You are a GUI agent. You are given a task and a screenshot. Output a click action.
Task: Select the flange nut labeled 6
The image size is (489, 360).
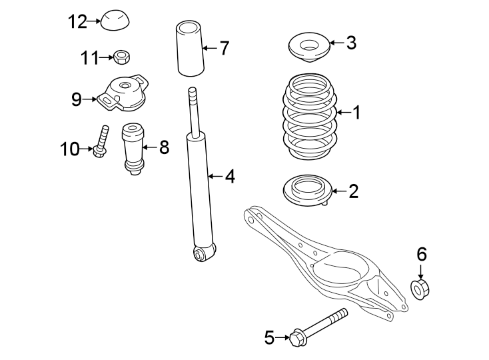(420, 290)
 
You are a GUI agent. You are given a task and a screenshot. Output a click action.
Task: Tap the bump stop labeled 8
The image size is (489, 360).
(133, 150)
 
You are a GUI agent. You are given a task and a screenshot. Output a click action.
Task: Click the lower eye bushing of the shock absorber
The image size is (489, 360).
(201, 253)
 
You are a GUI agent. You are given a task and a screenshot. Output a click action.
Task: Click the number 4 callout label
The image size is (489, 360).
(229, 177)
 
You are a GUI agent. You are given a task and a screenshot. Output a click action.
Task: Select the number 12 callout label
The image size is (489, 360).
(77, 22)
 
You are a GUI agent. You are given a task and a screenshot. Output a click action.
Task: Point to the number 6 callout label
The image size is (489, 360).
(421, 254)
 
